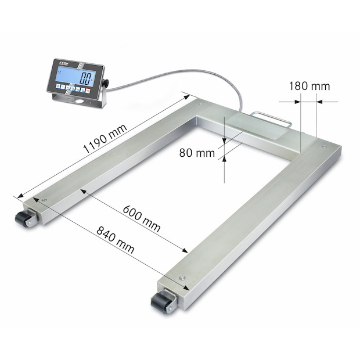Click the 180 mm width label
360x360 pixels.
(x=309, y=86)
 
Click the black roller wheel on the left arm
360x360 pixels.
(x=24, y=219)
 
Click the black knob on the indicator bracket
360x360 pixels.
(x=106, y=83)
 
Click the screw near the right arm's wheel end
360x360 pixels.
(x=183, y=278)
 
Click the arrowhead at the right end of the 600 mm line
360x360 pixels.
(x=185, y=250)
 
